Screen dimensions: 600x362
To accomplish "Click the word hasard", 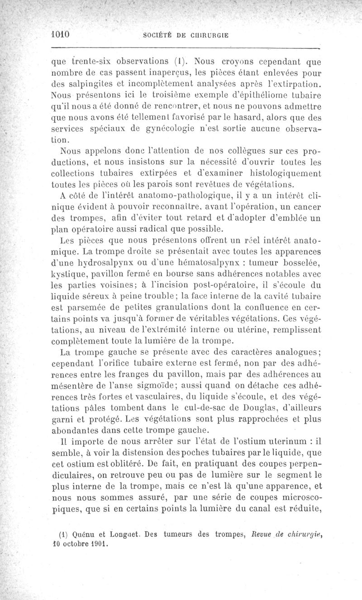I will point(247,119).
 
